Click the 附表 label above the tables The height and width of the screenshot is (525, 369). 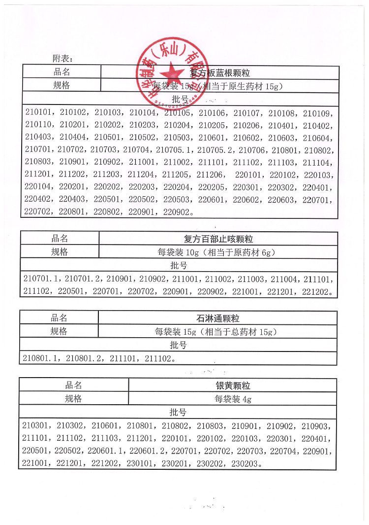(62, 58)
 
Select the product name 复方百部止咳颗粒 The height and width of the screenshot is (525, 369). (218, 239)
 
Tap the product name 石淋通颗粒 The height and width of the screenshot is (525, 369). (218, 319)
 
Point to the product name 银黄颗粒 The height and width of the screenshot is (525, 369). (233, 385)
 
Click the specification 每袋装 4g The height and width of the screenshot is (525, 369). (233, 399)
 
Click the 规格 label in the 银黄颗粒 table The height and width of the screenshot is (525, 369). (73, 399)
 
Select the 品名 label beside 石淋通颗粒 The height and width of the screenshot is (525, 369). (59, 318)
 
